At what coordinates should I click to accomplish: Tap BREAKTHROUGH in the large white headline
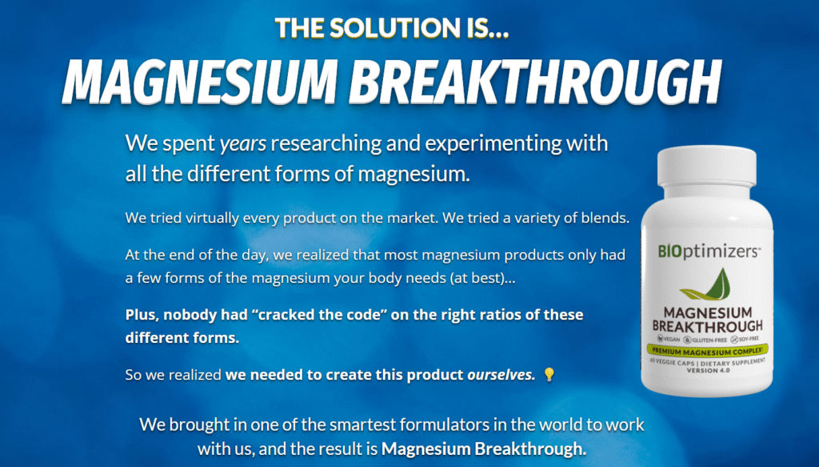click(x=535, y=83)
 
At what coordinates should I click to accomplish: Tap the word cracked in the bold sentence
click(x=283, y=315)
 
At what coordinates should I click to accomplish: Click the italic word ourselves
click(x=501, y=375)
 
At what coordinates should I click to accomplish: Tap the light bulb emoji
click(x=549, y=374)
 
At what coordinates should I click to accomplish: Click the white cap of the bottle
click(x=706, y=167)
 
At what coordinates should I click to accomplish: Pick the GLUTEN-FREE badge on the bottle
click(x=705, y=340)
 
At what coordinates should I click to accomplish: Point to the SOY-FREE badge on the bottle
click(x=745, y=339)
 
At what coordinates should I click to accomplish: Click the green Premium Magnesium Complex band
click(x=708, y=350)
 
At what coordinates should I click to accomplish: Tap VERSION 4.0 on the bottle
click(x=709, y=370)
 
